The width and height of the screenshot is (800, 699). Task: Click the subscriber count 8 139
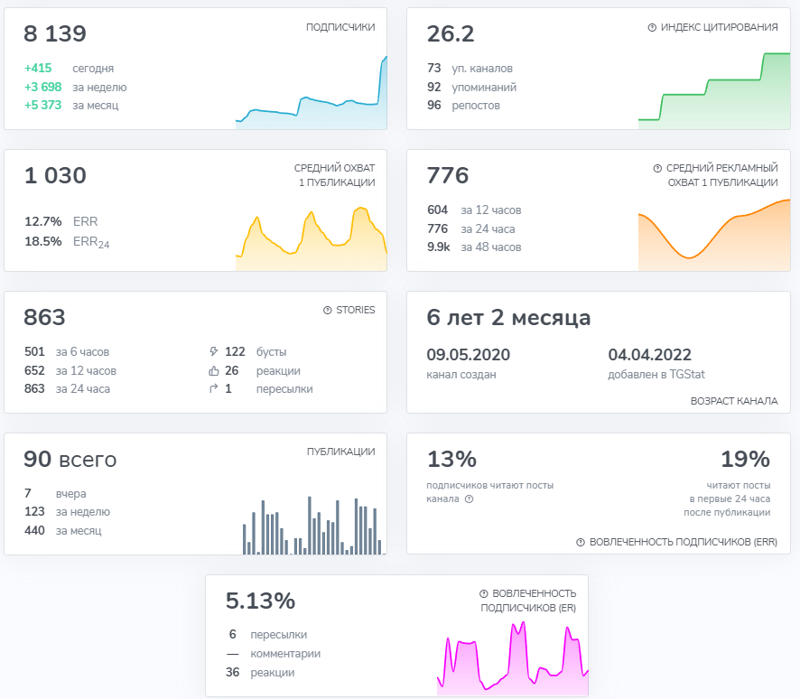click(55, 33)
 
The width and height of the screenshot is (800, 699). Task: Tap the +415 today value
click(38, 68)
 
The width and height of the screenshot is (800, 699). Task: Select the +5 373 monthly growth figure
click(42, 105)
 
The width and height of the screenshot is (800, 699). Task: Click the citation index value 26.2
click(451, 33)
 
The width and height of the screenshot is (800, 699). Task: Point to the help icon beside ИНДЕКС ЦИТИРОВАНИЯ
click(652, 28)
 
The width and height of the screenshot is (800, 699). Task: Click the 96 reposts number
click(434, 105)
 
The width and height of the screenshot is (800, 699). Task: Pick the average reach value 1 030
click(55, 175)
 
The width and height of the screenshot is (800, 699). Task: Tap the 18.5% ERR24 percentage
click(43, 241)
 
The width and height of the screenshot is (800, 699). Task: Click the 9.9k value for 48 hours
click(439, 247)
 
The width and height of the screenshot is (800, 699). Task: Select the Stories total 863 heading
click(44, 317)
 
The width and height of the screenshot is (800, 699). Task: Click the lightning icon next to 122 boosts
click(214, 351)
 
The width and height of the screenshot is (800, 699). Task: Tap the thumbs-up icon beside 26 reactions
click(214, 371)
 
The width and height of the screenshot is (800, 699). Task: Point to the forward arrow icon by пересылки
click(214, 389)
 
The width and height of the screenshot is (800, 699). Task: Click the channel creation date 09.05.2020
click(469, 355)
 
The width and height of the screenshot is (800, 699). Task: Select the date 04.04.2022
click(649, 355)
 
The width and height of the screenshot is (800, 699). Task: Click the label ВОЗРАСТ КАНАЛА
click(734, 401)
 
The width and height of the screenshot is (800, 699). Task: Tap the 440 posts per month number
click(34, 531)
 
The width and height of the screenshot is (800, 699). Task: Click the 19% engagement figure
click(746, 459)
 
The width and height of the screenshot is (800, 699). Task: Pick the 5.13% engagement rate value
click(260, 601)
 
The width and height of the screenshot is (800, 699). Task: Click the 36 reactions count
click(233, 673)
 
